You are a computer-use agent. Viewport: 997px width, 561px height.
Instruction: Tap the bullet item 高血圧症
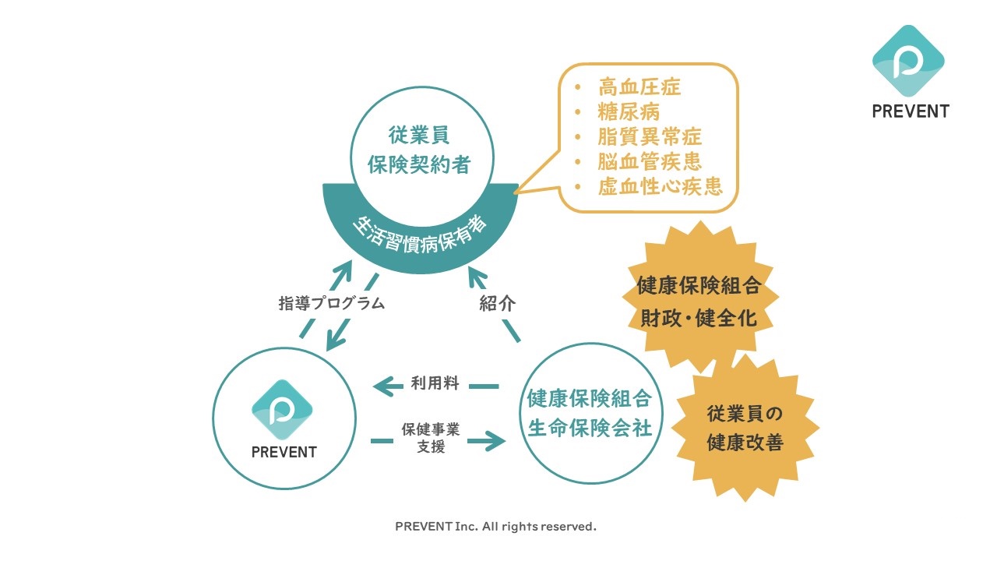(639, 86)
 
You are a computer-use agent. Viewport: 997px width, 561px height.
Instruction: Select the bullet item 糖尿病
(629, 111)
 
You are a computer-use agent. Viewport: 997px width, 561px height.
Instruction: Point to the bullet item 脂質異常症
(650, 136)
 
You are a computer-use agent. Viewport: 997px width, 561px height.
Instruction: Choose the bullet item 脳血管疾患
(650, 161)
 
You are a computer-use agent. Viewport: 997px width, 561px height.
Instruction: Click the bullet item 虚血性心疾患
(660, 186)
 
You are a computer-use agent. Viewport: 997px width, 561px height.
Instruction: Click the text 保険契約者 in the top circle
(419, 164)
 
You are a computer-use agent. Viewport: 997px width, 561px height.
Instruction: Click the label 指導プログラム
(331, 303)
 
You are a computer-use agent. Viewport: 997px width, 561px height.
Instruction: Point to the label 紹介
(497, 304)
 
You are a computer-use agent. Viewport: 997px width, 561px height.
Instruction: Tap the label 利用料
(435, 383)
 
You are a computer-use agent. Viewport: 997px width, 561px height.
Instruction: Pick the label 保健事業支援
(430, 437)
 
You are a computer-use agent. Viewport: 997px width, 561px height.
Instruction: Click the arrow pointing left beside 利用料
(387, 384)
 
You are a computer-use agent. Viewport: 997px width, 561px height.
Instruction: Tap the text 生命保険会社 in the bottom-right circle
(590, 429)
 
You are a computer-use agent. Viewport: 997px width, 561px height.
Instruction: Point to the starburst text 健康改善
(744, 443)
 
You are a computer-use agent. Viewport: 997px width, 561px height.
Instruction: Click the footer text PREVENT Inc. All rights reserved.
(495, 527)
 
